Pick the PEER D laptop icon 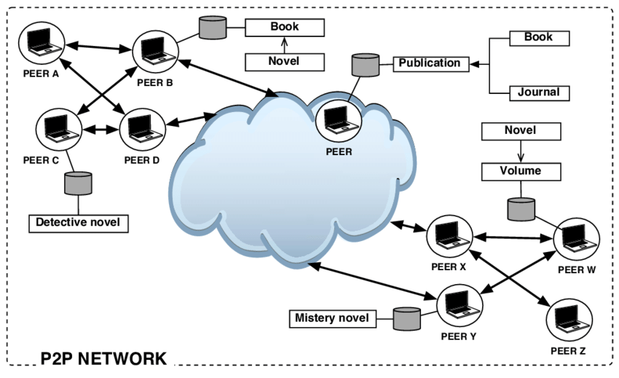[x=140, y=130]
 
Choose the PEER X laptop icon [x=446, y=235]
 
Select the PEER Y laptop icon [x=458, y=306]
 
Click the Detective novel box [x=78, y=222]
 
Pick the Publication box [x=429, y=63]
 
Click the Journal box [x=539, y=92]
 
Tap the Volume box [x=521, y=172]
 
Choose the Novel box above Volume [x=521, y=131]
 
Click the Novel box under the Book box [x=284, y=62]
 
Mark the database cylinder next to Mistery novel [x=407, y=318]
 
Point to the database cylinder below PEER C [x=78, y=184]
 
